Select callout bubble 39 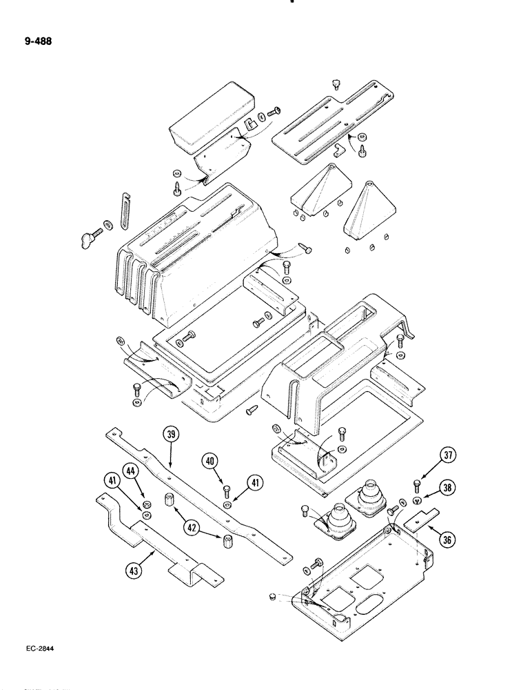170,435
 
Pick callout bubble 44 129,471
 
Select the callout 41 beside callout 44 111,481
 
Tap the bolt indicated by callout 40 227,490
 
